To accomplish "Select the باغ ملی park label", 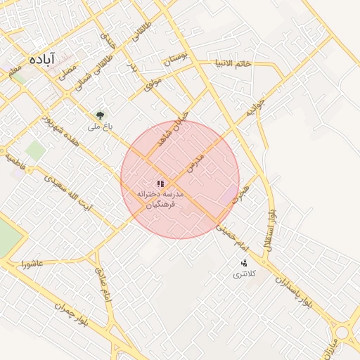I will pyautogui.click(x=96, y=127).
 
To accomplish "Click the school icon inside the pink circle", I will pyautogui.click(x=160, y=183).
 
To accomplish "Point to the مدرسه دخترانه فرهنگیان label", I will pyautogui.click(x=160, y=199).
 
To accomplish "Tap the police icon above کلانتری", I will pyautogui.click(x=244, y=263).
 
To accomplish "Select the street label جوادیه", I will pyautogui.click(x=254, y=108).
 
